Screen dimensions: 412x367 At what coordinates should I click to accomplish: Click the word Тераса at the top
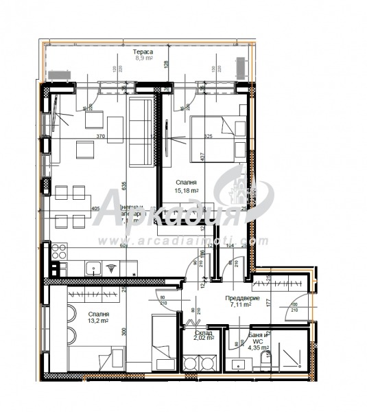point(143,52)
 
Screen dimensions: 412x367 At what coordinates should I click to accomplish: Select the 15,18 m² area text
point(187,192)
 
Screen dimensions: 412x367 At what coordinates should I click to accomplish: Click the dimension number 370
point(101,137)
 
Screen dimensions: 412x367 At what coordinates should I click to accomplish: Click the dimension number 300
point(124,331)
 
